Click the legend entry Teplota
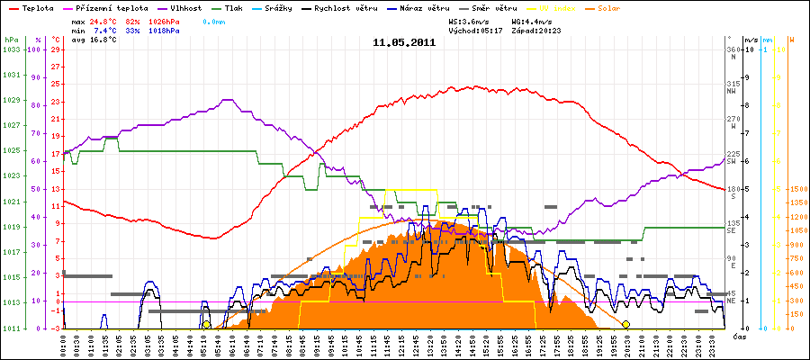click(x=35, y=7)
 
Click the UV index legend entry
click(x=562, y=7)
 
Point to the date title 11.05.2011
click(x=404, y=42)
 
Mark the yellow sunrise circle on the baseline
click(x=206, y=325)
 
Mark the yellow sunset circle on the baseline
click(x=625, y=324)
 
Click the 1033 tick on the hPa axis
click(x=11, y=49)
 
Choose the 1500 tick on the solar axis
click(x=797, y=189)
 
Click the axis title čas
click(x=738, y=336)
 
